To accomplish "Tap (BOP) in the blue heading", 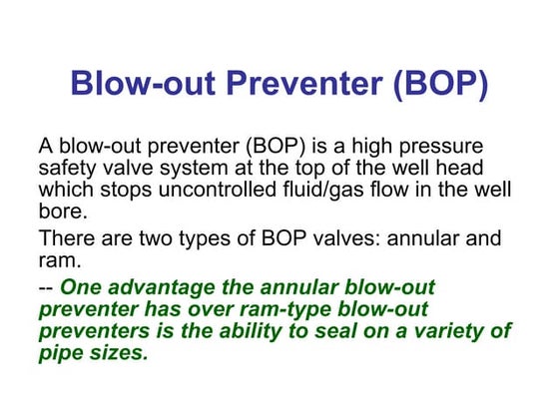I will [440, 82].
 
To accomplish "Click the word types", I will [219, 239].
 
